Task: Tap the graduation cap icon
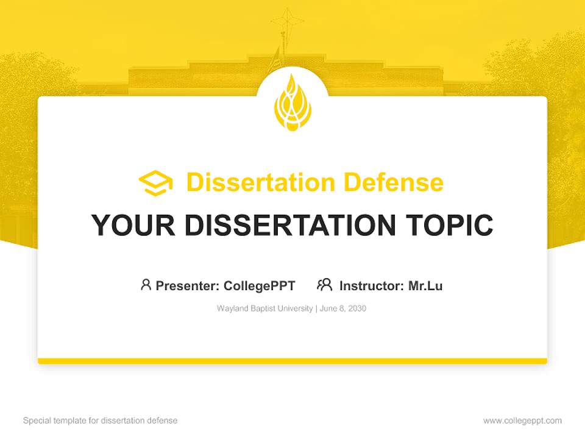pyautogui.click(x=155, y=183)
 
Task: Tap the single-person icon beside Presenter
pyautogui.click(x=146, y=285)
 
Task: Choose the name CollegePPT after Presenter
pyautogui.click(x=260, y=285)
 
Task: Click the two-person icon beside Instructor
pyautogui.click(x=325, y=285)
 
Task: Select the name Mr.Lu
pyautogui.click(x=425, y=285)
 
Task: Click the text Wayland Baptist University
pyautogui.click(x=264, y=309)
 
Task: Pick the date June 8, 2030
pyautogui.click(x=342, y=309)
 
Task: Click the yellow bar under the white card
pyautogui.click(x=292, y=361)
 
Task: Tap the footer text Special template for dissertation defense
pyautogui.click(x=101, y=420)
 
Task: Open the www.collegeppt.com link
pyautogui.click(x=522, y=420)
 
